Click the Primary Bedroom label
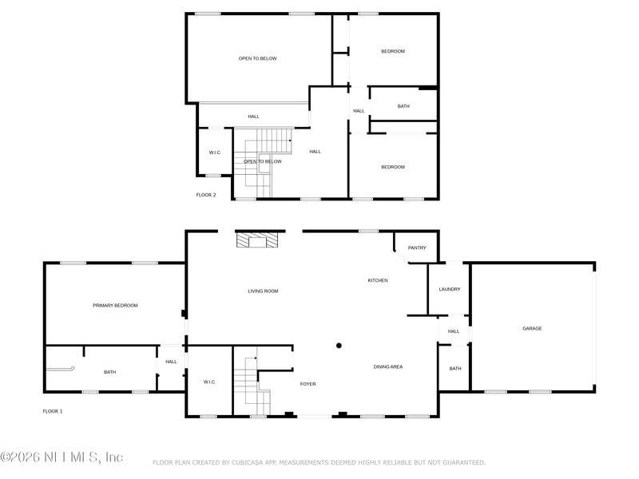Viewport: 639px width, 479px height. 115,306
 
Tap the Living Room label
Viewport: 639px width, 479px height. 263,291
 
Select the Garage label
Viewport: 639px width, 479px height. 532,328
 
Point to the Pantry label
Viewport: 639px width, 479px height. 417,247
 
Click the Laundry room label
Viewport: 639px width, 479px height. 450,289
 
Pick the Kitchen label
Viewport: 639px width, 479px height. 378,281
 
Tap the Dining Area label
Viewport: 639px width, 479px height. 388,367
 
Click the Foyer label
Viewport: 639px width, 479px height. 308,384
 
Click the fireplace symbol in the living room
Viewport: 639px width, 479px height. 257,240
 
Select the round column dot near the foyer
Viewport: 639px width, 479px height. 339,346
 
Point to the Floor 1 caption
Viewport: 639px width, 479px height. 53,411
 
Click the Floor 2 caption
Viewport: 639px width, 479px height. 206,195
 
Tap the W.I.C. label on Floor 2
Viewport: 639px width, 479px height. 215,152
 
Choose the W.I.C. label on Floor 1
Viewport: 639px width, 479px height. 209,382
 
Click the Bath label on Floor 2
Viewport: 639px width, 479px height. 403,106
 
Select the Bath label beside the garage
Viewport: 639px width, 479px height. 455,369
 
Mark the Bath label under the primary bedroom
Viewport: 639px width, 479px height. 110,372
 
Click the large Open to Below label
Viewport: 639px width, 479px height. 257,58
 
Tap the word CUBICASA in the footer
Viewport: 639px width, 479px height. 248,463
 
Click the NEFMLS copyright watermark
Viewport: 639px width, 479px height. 62,457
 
